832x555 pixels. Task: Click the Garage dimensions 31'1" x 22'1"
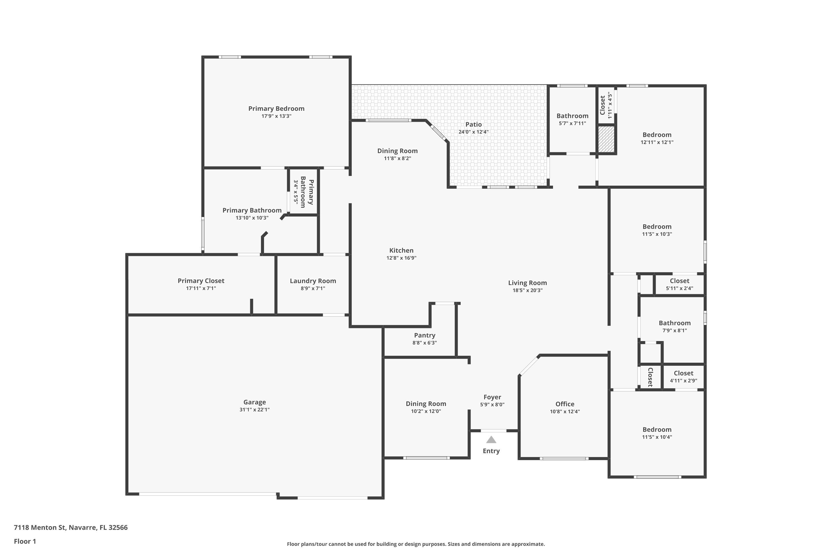[254, 410]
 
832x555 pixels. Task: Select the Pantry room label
[425, 335]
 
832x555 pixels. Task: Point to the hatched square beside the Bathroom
[606, 139]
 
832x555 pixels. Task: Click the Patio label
[473, 124]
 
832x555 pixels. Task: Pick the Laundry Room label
[313, 281]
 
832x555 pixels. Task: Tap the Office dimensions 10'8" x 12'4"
[565, 411]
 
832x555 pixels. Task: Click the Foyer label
[492, 397]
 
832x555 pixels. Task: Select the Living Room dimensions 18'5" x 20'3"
[527, 290]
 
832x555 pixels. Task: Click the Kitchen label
[401, 250]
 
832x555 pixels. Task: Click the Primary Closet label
[201, 281]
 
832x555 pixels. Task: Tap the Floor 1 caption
[25, 541]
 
